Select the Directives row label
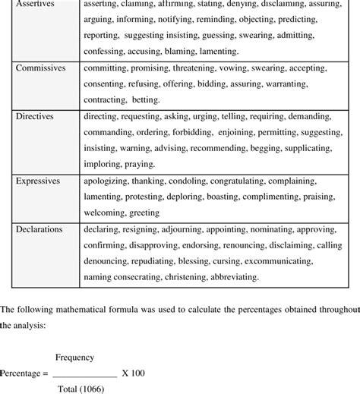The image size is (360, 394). (36, 116)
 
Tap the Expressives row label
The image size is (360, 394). (40, 180)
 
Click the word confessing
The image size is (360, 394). (106, 52)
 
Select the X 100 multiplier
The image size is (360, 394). (134, 351)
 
